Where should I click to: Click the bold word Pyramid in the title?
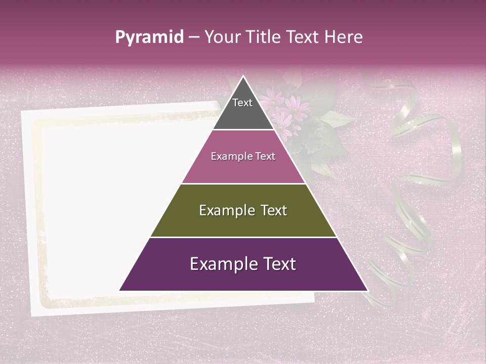tap(149, 37)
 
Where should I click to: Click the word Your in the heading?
tap(223, 37)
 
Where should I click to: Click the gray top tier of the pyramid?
tap(243, 114)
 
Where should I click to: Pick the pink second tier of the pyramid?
tap(243, 169)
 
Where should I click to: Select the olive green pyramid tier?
tap(243, 222)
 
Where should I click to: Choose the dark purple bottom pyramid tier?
tap(243, 278)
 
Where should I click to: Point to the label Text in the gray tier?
tap(242, 103)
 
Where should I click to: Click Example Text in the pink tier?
tap(243, 156)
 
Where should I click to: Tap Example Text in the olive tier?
tap(243, 210)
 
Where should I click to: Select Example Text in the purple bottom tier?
tap(243, 264)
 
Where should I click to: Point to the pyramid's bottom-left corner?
tap(120, 290)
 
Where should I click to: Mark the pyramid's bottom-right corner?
tap(367, 290)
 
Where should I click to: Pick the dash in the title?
tap(194, 37)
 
